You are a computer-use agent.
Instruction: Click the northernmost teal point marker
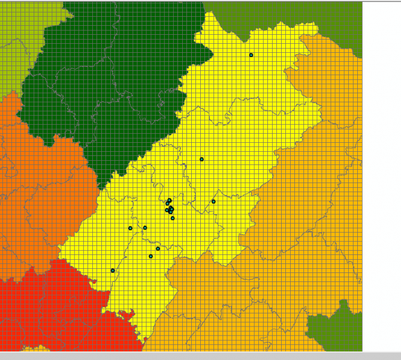[251, 55]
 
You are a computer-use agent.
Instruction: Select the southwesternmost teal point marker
[113, 271]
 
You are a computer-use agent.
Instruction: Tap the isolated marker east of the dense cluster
[213, 202]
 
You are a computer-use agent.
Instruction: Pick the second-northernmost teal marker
[201, 159]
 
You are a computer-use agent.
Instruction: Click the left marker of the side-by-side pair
[130, 228]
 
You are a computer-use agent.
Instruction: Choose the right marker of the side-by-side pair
[145, 227]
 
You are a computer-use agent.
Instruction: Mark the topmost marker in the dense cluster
[170, 200]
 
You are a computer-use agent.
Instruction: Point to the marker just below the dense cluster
[173, 218]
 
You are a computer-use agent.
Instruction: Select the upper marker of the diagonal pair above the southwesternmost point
[158, 248]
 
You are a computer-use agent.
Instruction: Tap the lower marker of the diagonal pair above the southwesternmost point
[150, 256]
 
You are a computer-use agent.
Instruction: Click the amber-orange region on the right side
[312, 210]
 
